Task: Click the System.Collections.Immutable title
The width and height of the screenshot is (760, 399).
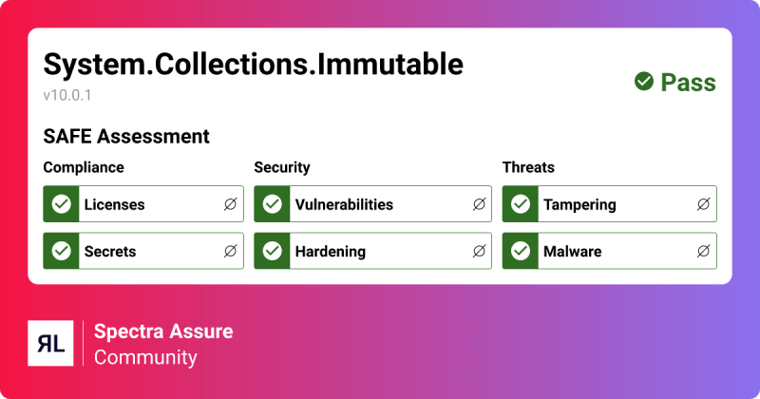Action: coord(253,65)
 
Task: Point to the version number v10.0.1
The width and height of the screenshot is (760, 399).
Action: coord(67,96)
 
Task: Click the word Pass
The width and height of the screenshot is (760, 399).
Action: coord(688,83)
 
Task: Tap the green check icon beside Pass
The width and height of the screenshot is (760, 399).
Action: coord(644,83)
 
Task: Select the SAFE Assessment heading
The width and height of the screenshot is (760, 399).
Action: coord(126,137)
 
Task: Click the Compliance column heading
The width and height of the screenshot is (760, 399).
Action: coord(84,167)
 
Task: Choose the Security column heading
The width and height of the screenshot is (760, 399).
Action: coord(282,167)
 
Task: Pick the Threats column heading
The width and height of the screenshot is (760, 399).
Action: coord(528,167)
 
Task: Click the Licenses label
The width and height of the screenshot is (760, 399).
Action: coord(114,204)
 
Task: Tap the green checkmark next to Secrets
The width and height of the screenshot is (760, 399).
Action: coord(62,252)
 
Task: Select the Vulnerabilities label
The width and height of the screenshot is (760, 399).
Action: coord(344,204)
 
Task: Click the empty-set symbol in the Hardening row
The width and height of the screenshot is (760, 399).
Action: coord(479,252)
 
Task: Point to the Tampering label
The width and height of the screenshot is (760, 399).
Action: coord(579,204)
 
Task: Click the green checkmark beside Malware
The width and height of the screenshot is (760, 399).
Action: coord(521,252)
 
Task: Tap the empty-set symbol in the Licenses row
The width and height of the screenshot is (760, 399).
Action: coord(230,204)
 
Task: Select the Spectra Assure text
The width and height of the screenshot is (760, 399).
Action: coord(162,332)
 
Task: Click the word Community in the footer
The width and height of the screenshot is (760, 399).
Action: coord(145,357)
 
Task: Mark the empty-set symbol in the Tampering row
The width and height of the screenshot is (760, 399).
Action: coord(703,204)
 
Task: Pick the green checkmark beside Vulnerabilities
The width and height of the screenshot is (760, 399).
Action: coord(273,204)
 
